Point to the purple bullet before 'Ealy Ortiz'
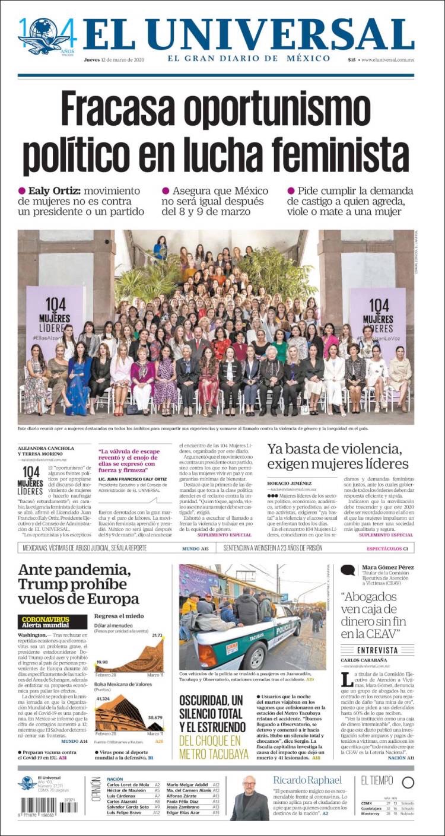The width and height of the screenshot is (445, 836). pyautogui.click(x=22, y=190)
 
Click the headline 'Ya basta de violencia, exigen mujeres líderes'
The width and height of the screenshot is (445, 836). pyautogui.click(x=338, y=456)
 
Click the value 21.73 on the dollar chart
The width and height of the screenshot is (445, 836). pyautogui.click(x=157, y=635)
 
